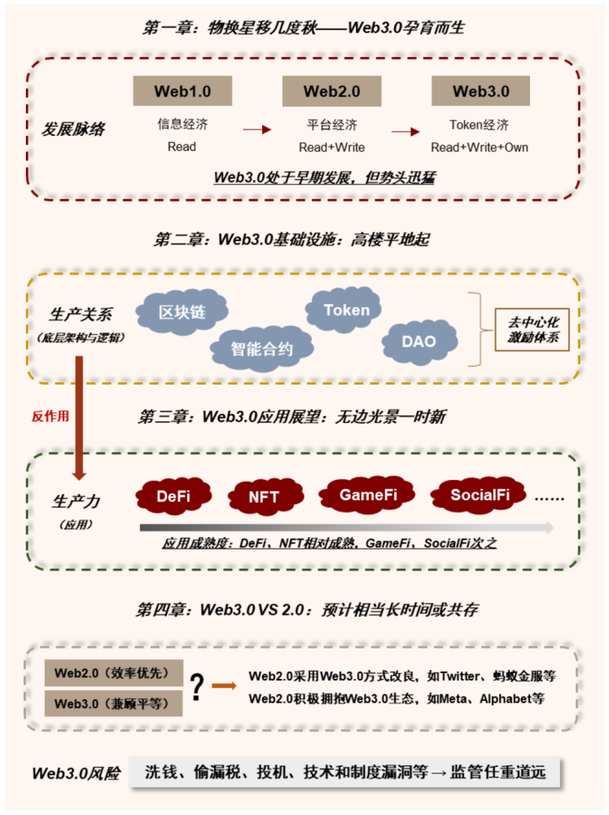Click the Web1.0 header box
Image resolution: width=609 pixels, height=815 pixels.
182,91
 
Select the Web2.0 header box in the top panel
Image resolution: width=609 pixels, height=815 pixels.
331,91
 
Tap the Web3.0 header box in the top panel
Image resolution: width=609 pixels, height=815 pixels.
480,91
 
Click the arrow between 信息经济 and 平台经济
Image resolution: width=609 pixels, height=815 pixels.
257,130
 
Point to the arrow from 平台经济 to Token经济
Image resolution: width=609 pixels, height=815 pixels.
405,131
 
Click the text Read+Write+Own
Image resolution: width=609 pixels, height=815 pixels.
480,148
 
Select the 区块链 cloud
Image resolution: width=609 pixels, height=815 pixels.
182,311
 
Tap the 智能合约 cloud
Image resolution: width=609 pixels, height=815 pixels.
261,348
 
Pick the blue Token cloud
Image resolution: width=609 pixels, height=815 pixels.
344,310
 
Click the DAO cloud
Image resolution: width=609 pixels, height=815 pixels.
419,341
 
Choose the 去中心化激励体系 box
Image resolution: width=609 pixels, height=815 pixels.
532,329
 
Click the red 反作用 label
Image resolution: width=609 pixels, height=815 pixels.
50,416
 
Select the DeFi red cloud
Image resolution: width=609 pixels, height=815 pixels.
173,496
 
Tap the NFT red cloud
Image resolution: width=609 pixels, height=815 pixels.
265,497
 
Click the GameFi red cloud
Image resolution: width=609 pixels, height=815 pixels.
367,495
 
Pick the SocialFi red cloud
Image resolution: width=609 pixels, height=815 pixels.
479,495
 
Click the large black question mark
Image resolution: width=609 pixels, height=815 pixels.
197,687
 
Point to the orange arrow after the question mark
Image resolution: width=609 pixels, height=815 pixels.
224,686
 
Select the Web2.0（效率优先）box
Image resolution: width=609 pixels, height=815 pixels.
114,673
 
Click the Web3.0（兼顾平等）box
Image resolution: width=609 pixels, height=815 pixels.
114,703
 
